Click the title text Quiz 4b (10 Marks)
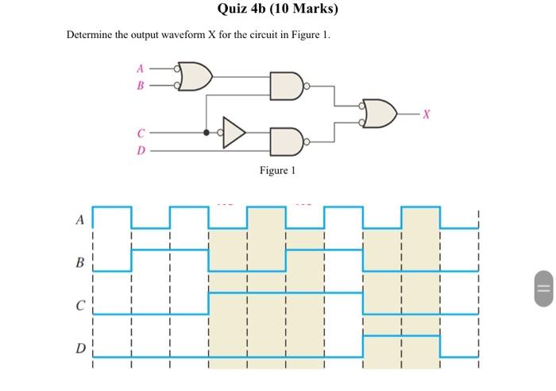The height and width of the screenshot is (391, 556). [x=277, y=10]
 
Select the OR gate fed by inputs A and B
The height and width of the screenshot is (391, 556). [x=195, y=76]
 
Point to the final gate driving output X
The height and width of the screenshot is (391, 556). [x=380, y=113]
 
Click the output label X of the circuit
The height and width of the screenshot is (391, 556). [x=426, y=114]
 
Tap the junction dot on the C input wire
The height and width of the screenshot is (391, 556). [x=207, y=133]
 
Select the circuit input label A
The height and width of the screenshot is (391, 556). [x=141, y=68]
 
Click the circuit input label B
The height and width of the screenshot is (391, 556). [x=141, y=85]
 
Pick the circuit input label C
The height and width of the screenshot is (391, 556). [x=141, y=133]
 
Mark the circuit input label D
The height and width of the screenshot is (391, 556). [x=141, y=149]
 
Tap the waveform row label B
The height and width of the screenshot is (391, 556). [x=79, y=261]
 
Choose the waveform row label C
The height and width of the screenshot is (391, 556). [x=79, y=304]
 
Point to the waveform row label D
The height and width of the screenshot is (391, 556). [x=79, y=347]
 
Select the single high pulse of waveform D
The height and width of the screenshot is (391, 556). [x=400, y=337]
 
